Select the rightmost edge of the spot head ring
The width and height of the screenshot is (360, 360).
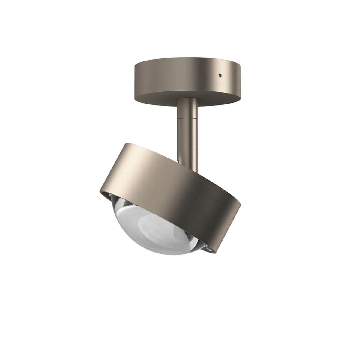click(240, 207)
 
